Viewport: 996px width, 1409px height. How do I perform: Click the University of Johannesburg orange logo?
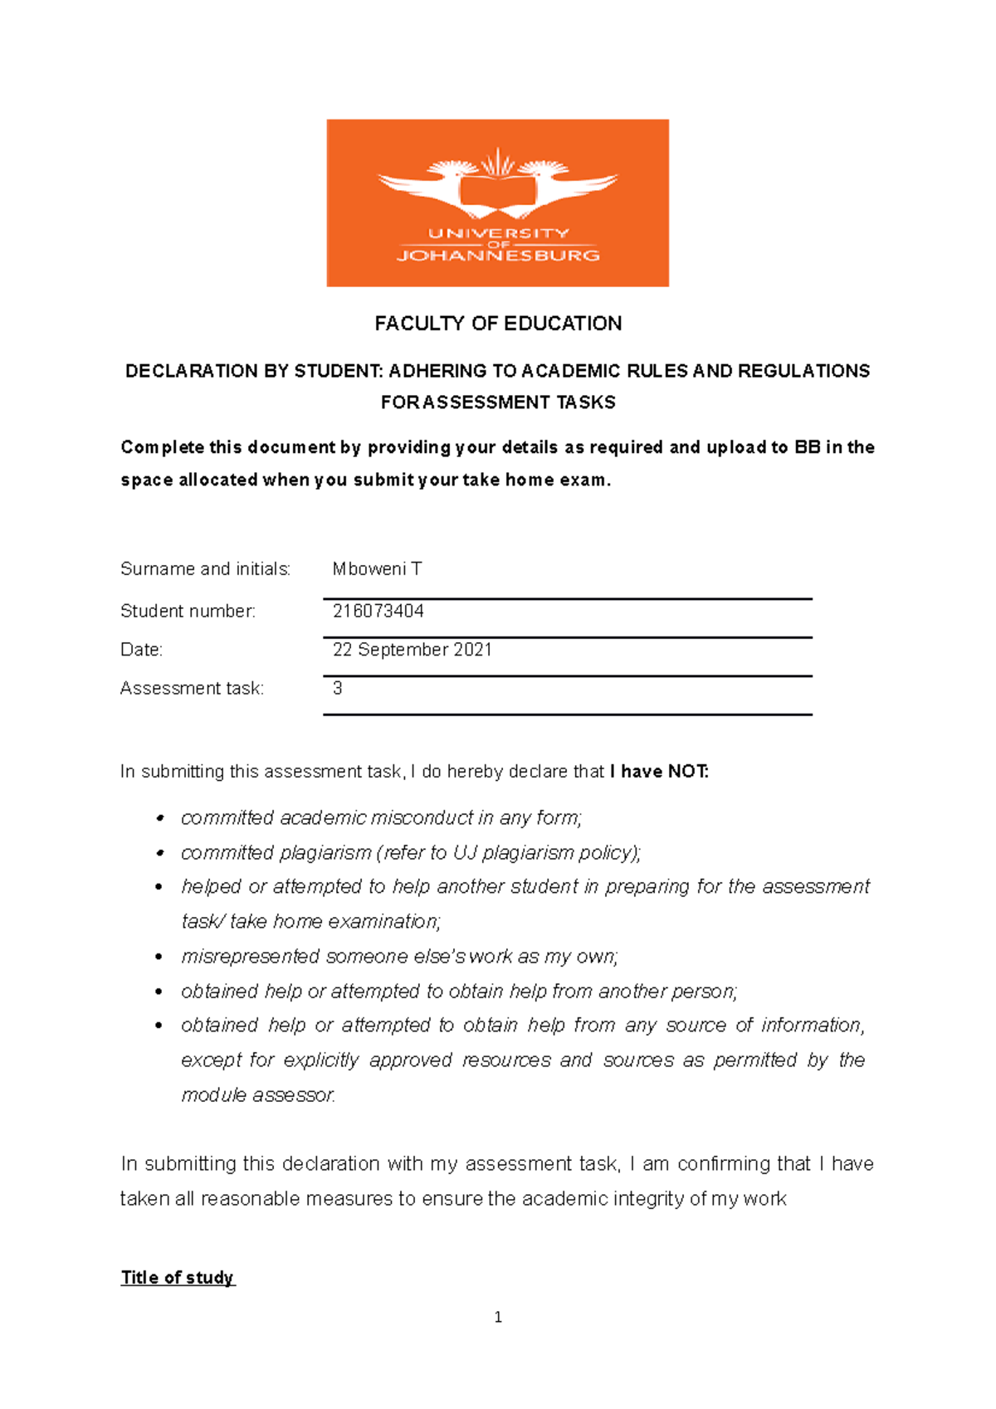click(497, 202)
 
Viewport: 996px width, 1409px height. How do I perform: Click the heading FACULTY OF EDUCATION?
click(498, 324)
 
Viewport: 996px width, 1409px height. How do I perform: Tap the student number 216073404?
click(378, 612)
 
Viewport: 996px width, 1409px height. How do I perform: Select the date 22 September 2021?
click(412, 650)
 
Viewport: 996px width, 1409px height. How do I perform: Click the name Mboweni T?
click(377, 569)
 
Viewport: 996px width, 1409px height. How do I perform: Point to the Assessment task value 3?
click(338, 688)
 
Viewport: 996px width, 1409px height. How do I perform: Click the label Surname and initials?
click(205, 569)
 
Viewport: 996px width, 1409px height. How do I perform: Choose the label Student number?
click(188, 612)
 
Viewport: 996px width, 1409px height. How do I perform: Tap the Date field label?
click(141, 650)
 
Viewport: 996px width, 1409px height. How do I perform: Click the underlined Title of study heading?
click(178, 1278)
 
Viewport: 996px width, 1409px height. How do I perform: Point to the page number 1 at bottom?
click(498, 1318)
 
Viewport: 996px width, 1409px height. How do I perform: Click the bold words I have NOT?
click(659, 772)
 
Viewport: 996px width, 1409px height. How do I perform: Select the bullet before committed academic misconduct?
click(159, 819)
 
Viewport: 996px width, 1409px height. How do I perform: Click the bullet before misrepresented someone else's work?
click(159, 958)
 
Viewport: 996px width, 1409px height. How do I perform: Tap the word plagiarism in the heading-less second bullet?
click(325, 853)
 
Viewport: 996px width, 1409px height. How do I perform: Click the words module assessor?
click(258, 1095)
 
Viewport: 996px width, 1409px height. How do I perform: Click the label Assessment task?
click(192, 689)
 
